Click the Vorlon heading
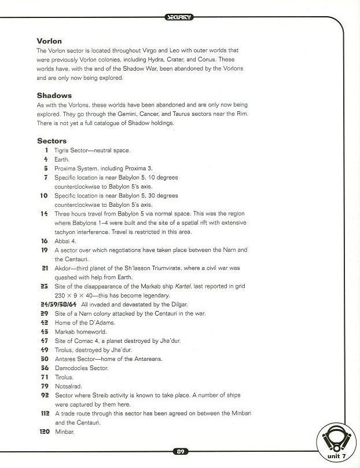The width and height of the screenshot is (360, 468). [x=49, y=41]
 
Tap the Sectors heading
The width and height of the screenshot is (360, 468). [x=52, y=141]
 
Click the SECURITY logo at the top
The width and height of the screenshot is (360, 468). [x=179, y=18]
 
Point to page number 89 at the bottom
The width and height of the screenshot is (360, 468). [x=179, y=452]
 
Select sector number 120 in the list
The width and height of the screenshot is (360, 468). [x=44, y=432]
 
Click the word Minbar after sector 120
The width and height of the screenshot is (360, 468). [x=65, y=432]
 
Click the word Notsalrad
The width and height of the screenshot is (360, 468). [x=68, y=386]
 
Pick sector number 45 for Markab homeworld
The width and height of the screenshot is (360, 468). [x=45, y=332]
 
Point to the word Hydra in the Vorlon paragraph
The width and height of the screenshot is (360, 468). [x=172, y=59]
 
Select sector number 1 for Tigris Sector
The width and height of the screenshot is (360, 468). [x=46, y=151]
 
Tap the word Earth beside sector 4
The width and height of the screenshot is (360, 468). [x=62, y=159]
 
